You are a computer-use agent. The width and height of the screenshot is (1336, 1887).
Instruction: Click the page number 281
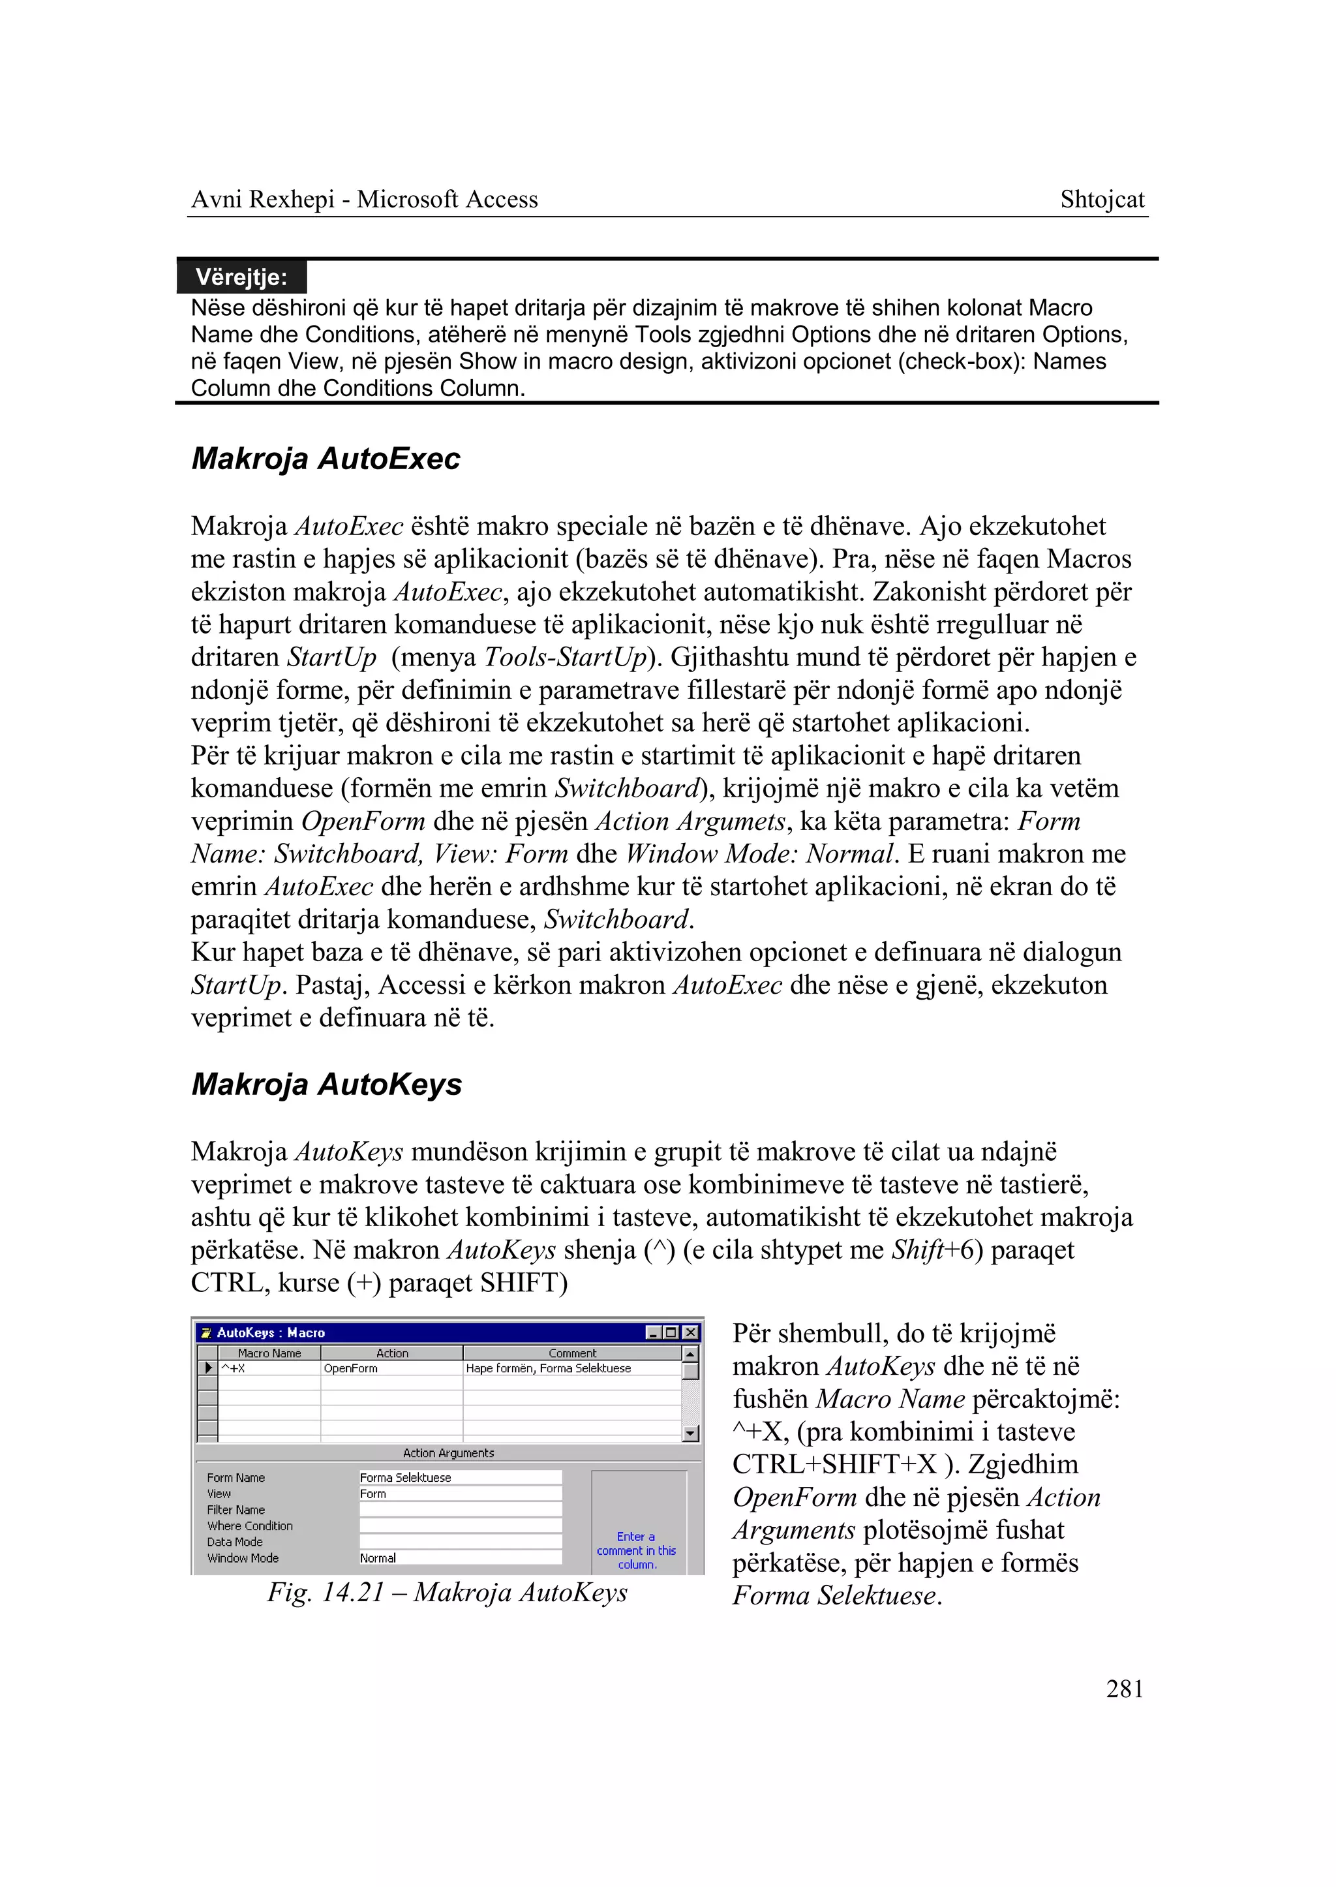1124,1689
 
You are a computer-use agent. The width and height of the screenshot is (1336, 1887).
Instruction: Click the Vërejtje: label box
241,277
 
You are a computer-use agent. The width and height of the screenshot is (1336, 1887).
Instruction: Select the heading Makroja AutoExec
326,459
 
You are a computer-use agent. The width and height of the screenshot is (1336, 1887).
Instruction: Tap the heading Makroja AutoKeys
327,1084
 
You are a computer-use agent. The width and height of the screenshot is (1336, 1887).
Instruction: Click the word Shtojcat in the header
1102,199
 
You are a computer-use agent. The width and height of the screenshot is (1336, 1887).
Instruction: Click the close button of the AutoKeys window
691,1332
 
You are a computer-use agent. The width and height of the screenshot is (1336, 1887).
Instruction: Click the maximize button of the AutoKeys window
672,1332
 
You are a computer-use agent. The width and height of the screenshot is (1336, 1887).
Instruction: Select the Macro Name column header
269,1353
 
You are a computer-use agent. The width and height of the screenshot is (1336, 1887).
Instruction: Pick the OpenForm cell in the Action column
351,1368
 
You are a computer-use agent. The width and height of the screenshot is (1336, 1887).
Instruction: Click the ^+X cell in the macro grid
234,1368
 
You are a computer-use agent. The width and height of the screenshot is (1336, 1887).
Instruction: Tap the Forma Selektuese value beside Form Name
406,1477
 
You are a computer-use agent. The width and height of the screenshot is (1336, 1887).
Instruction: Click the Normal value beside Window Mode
378,1558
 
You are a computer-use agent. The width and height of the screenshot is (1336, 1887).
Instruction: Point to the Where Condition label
249,1526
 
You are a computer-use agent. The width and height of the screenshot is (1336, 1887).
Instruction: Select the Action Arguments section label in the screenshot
448,1452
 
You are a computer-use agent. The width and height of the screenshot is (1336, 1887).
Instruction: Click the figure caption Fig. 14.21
447,1591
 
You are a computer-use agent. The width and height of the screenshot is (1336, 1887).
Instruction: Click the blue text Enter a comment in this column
637,1550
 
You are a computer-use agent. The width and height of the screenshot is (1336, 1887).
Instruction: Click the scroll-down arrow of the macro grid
691,1433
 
